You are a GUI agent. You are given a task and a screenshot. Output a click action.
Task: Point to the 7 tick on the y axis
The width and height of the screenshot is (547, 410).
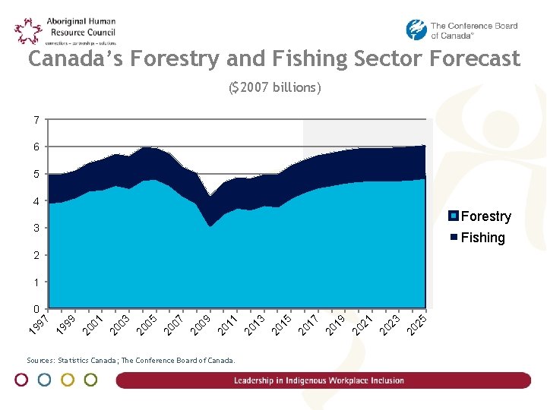pos(36,120)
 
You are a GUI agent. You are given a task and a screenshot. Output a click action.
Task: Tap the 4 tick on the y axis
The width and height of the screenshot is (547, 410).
pos(36,201)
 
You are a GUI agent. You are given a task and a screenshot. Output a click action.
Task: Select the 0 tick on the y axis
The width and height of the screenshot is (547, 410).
pos(36,309)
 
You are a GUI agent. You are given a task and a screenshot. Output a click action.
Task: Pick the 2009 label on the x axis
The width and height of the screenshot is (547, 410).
pos(201,322)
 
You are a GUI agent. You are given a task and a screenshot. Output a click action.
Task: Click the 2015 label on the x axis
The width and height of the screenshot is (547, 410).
pos(282,322)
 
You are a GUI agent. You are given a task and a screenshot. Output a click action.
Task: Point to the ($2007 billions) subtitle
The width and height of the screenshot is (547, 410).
pos(275,87)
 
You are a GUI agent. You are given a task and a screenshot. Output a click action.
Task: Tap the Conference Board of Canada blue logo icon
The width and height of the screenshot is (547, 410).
pos(416,30)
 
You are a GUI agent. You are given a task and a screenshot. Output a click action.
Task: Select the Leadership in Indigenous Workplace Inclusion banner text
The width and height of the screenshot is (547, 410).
pos(319,380)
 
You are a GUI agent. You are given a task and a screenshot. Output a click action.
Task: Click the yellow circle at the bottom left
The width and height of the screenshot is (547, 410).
pos(68,380)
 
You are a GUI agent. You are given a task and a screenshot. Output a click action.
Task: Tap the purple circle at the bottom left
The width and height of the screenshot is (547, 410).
pos(22,380)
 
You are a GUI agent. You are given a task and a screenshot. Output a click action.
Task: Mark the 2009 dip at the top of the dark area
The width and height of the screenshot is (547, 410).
pos(212,196)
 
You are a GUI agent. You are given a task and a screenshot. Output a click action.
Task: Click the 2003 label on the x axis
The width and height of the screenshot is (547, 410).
pos(120,322)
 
